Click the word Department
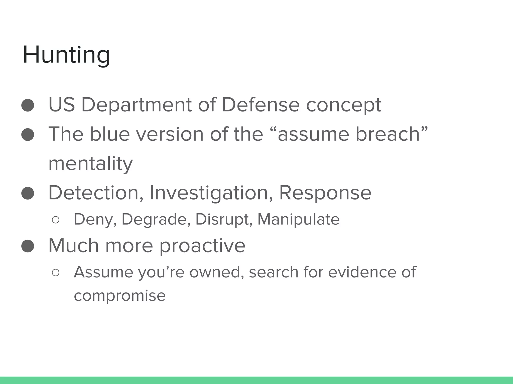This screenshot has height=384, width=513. [x=137, y=105]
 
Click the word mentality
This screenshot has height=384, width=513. [x=90, y=164]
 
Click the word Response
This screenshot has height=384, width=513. [x=325, y=193]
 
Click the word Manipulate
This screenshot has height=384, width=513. [x=298, y=219]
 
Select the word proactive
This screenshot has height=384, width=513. [x=202, y=246]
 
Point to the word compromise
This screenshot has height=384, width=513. [x=120, y=296]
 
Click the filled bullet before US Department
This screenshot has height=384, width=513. [x=28, y=105]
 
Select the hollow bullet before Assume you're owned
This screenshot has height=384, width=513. [x=55, y=273]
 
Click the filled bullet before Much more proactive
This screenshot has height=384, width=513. [x=28, y=246]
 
